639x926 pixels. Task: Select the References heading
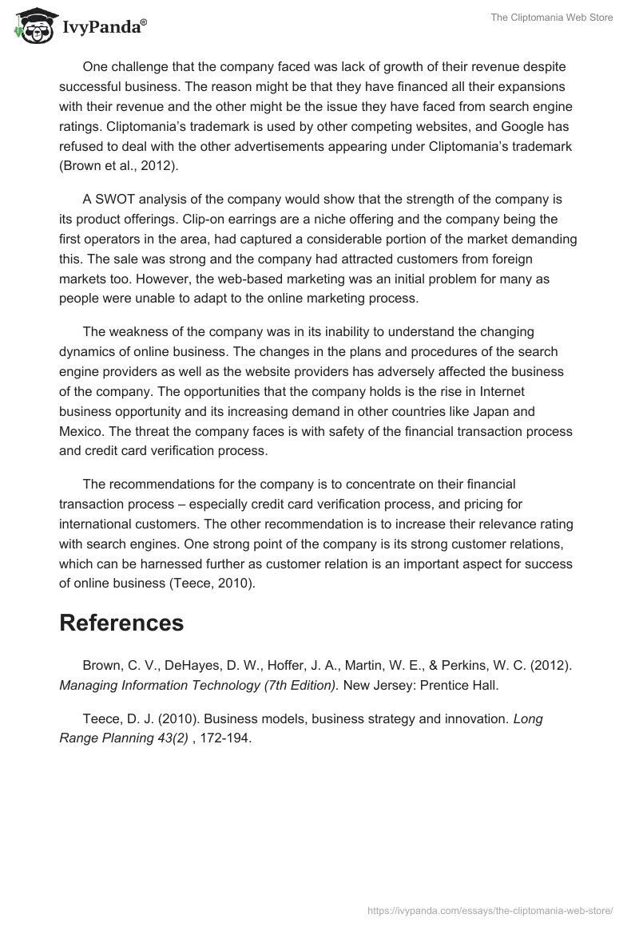click(121, 623)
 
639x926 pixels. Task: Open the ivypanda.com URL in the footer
click(490, 909)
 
